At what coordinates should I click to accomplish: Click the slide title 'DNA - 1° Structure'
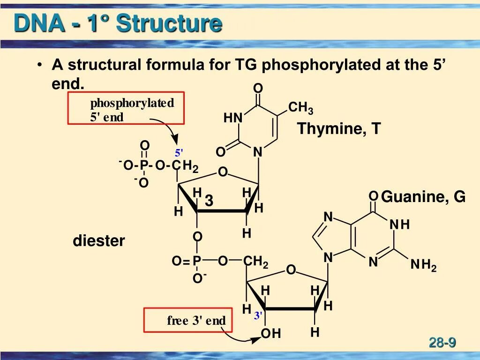pyautogui.click(x=118, y=23)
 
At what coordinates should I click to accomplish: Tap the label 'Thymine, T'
pyautogui.click(x=339, y=128)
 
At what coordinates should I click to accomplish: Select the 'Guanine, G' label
pyautogui.click(x=423, y=197)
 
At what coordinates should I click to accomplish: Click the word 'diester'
pyautogui.click(x=98, y=241)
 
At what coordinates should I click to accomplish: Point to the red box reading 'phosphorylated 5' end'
pyautogui.click(x=126, y=108)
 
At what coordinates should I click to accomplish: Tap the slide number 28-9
pyautogui.click(x=442, y=343)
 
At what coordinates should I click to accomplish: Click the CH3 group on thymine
pyautogui.click(x=300, y=109)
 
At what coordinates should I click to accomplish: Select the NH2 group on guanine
pyautogui.click(x=423, y=265)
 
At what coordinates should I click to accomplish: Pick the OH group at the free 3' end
pyautogui.click(x=271, y=334)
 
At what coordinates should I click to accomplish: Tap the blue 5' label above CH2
pyautogui.click(x=179, y=153)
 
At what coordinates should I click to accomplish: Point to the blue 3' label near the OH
pyautogui.click(x=258, y=316)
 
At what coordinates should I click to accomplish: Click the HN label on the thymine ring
pyautogui.click(x=233, y=118)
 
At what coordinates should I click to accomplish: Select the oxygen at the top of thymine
pyautogui.click(x=258, y=89)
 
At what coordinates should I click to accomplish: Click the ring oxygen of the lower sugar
pyautogui.click(x=291, y=270)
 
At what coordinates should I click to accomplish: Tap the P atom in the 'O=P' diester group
pyautogui.click(x=197, y=261)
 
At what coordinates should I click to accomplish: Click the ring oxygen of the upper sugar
pyautogui.click(x=222, y=173)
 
